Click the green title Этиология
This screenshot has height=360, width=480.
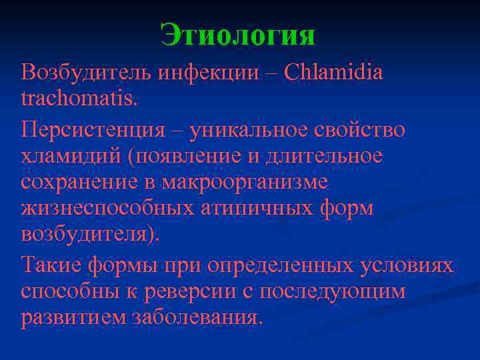click(x=238, y=35)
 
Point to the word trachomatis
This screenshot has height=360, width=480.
click(x=79, y=99)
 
